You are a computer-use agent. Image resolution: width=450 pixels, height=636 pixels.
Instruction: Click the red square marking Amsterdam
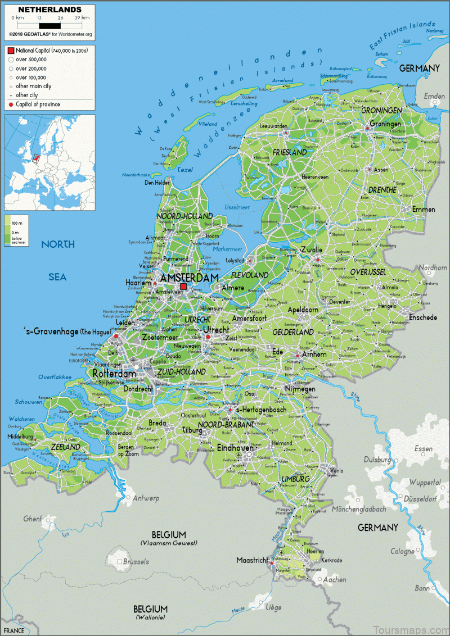183,287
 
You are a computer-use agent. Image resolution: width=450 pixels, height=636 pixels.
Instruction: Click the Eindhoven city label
235,448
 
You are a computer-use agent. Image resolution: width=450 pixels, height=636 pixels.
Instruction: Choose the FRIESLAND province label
290,152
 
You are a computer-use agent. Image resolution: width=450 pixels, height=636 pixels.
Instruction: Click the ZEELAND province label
65,447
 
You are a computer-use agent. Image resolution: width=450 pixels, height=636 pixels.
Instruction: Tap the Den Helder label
157,183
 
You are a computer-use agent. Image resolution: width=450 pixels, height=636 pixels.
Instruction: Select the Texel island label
184,169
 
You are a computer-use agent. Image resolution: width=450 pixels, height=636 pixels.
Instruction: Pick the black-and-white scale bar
49,25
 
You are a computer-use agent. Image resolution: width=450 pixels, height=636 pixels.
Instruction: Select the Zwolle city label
310,249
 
